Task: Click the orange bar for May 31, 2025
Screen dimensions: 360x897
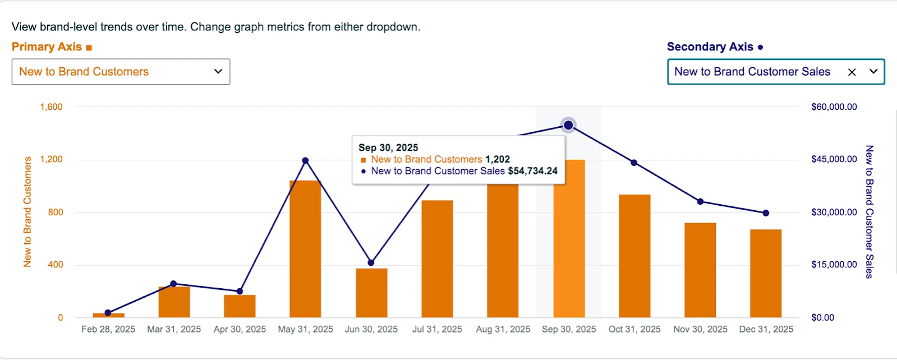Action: coord(305,249)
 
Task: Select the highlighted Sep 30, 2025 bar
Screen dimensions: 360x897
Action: coord(569,239)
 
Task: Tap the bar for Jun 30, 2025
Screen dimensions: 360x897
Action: coord(371,293)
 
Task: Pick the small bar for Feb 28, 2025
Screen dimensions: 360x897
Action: coord(108,315)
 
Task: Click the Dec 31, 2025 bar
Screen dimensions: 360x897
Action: coord(766,274)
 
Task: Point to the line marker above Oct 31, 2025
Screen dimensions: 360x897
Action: coord(634,163)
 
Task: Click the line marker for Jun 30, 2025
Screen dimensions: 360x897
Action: coord(371,262)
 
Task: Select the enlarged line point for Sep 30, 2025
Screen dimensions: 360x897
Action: coord(568,125)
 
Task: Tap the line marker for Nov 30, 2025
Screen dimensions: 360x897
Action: coord(700,201)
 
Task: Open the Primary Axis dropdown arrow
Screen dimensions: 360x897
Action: coord(218,72)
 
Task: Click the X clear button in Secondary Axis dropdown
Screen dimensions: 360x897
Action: coord(852,72)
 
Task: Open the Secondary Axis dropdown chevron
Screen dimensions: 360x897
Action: coord(873,72)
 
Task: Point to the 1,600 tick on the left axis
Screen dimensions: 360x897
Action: coord(51,107)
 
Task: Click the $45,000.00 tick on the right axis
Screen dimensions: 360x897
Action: coord(834,159)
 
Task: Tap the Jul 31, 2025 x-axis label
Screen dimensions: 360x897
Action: coord(437,329)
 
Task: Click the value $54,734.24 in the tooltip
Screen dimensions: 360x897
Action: coord(532,171)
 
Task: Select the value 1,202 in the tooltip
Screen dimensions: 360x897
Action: coord(498,159)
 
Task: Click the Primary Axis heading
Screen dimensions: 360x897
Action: coord(47,47)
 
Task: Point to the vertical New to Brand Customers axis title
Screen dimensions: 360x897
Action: coord(27,212)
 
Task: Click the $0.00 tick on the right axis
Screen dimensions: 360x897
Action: coord(822,317)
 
